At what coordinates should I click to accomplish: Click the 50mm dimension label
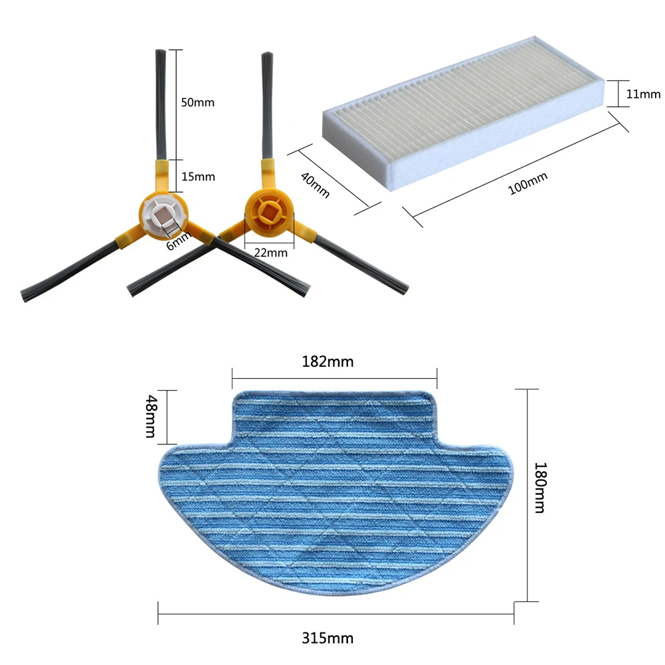click(197, 102)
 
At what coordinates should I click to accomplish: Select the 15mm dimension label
click(198, 177)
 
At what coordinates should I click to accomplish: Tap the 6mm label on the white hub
click(178, 241)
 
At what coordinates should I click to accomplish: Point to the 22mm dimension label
click(270, 252)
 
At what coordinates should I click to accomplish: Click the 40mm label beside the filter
click(315, 185)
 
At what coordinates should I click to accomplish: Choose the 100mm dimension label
click(527, 183)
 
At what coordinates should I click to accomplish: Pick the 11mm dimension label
click(643, 94)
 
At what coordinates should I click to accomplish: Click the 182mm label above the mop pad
click(328, 362)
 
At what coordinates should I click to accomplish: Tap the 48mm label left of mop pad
click(151, 416)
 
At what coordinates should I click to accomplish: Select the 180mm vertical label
click(540, 488)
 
